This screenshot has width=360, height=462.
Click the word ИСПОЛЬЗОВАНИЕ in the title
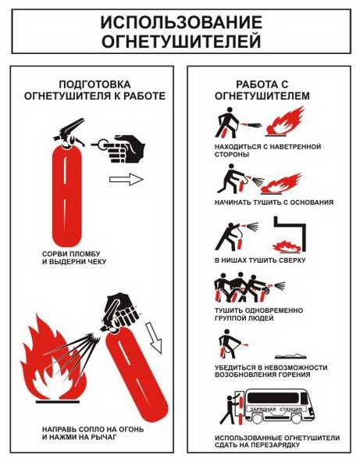coord(180,21)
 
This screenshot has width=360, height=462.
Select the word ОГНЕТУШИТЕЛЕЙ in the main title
coord(180,39)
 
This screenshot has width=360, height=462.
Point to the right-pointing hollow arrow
coord(126,180)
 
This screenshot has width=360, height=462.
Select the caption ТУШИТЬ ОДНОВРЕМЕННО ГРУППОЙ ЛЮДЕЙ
coord(258,314)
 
